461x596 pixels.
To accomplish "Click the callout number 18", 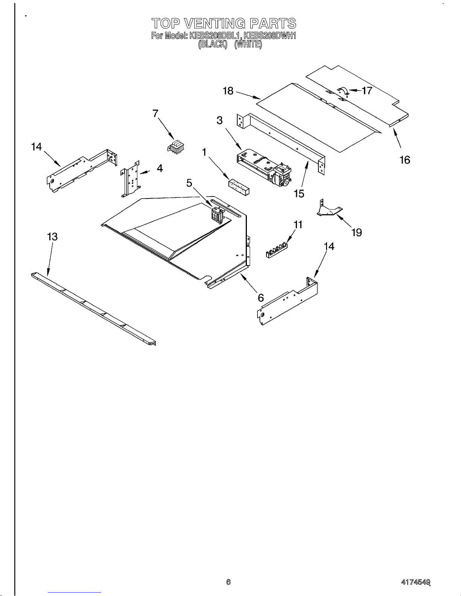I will point(228,91).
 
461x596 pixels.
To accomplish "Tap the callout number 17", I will point(367,91).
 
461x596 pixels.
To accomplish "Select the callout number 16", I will point(405,160).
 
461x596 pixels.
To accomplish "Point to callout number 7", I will point(155,113).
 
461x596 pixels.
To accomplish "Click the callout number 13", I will point(52,237).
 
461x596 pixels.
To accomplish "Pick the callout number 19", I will point(356,232).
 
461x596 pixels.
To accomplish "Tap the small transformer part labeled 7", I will point(175,147).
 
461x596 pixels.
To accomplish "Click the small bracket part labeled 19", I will point(329,209).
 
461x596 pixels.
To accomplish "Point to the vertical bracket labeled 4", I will point(130,179).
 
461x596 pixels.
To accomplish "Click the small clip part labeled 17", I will point(342,91).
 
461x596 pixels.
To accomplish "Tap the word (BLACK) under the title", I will point(213,44).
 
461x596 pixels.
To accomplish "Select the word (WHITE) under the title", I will point(248,44).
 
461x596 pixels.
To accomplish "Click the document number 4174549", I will point(415,582).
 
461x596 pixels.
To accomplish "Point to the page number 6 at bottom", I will point(228,582).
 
